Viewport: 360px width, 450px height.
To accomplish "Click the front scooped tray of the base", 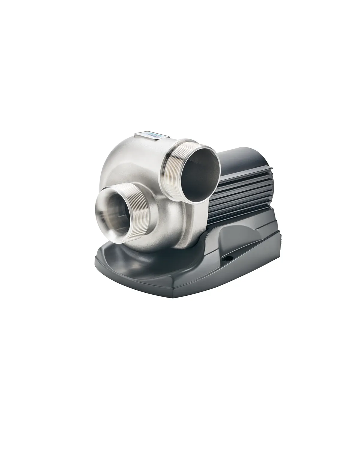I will (133, 263).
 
